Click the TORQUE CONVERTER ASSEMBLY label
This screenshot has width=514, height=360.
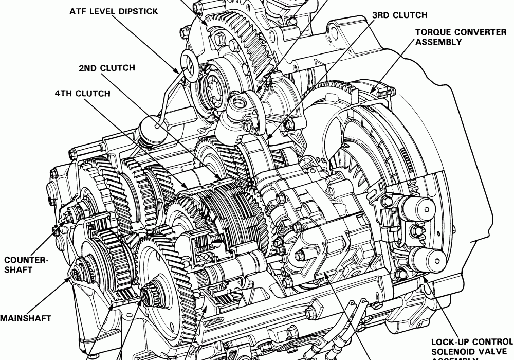[453, 37]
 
